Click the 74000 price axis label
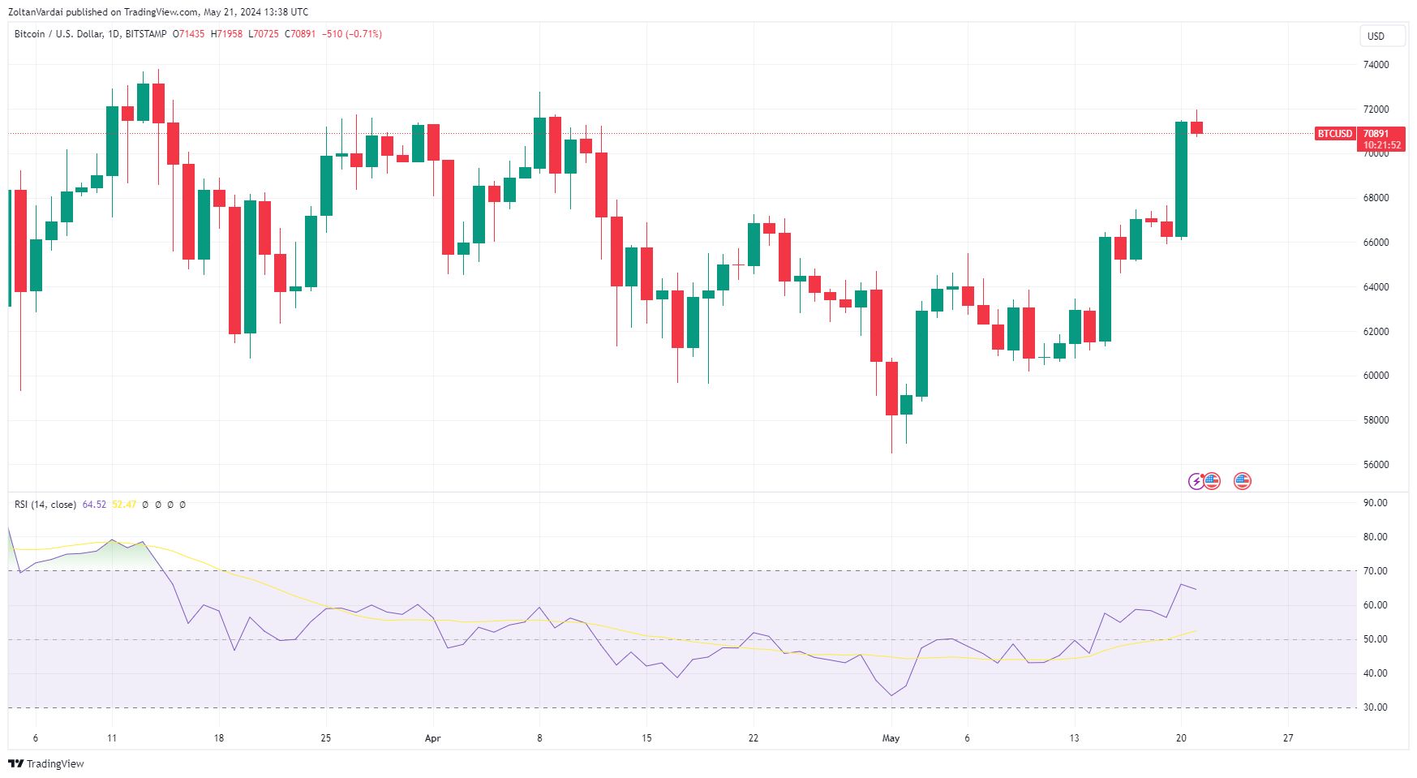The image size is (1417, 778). point(1376,65)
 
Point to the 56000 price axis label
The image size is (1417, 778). point(1376,465)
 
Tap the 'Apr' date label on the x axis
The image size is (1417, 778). point(432,738)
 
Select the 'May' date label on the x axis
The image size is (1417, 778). point(891,738)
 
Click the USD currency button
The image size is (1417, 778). point(1376,36)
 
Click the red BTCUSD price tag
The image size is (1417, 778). point(1334,134)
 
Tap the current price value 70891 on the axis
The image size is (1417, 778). point(1376,134)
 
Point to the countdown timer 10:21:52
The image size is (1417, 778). point(1381,145)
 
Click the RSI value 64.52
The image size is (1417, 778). point(94,505)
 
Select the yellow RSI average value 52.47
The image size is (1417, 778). point(124,505)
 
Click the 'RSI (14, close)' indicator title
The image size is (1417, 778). point(45,505)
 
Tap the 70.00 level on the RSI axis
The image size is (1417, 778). point(1375,571)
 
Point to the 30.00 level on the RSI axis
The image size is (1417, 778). point(1375,707)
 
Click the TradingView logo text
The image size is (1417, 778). point(54,763)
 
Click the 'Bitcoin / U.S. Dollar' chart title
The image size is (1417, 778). point(58,34)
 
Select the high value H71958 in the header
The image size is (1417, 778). point(226,34)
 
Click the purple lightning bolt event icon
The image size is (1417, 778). point(1196,482)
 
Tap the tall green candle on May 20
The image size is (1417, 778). point(1181,179)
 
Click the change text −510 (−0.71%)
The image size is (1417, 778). point(352,34)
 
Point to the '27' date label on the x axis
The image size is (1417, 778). point(1288,738)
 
